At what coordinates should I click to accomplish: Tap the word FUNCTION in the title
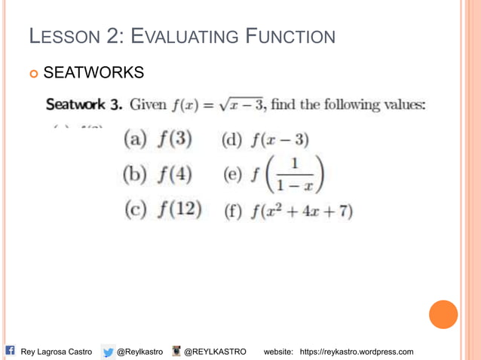click(x=287, y=35)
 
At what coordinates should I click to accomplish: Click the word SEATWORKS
click(x=93, y=73)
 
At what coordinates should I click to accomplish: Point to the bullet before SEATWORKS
click(x=33, y=74)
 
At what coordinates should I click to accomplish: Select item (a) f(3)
click(x=157, y=139)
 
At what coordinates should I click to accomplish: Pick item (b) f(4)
click(x=157, y=175)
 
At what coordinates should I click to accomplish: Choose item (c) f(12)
click(x=162, y=210)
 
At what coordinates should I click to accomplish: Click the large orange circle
click(x=443, y=314)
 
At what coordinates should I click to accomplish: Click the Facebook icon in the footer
click(x=10, y=350)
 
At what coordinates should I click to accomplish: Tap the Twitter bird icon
click(x=109, y=352)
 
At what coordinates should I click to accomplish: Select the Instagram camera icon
click(x=176, y=351)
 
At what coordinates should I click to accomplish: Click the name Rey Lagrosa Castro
click(x=57, y=352)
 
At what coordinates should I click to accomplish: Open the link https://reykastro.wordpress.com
click(x=357, y=352)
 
